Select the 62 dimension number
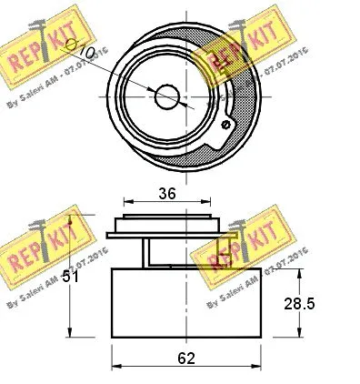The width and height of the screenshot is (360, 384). (x=186, y=360)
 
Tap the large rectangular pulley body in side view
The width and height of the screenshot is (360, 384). (x=186, y=305)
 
